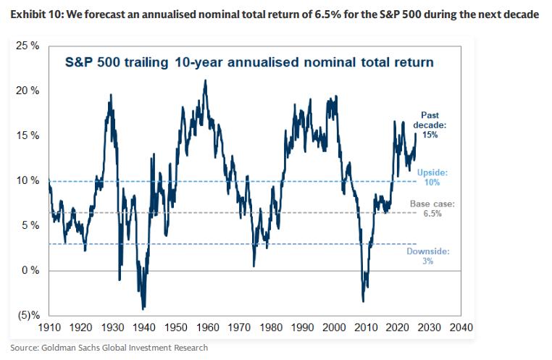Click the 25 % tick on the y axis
coord(28,46)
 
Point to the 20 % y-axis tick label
coord(28,91)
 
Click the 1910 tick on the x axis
coord(49,327)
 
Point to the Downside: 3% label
coord(428,256)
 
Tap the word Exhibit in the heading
coord(26,15)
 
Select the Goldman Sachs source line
coord(109,348)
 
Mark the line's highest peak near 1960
coord(205,80)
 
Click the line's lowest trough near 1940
coord(143,309)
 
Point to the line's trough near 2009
coord(363,301)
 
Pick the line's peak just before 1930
coord(110,94)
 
